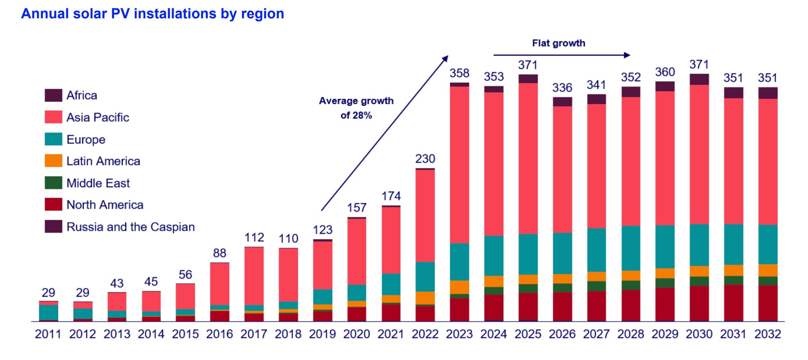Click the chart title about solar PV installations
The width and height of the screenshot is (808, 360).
pyautogui.click(x=153, y=14)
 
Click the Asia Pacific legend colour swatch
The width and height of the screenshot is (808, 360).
pyautogui.click(x=53, y=117)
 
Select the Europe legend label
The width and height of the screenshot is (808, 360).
pyautogui.click(x=86, y=140)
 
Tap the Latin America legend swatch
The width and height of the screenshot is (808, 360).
pyautogui.click(x=53, y=161)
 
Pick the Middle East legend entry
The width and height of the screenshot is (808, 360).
pyautogui.click(x=98, y=183)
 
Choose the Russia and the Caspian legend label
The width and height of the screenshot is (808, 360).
pyautogui.click(x=131, y=227)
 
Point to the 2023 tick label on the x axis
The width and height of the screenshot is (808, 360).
pyautogui.click(x=459, y=334)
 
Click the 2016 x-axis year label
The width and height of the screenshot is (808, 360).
pyautogui.click(x=220, y=334)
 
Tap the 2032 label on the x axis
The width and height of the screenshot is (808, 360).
pyautogui.click(x=768, y=334)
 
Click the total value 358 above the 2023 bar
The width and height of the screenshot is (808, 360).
pyautogui.click(x=459, y=73)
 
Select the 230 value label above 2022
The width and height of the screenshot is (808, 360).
pyautogui.click(x=425, y=159)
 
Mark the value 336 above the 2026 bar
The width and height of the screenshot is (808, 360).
pyautogui.click(x=562, y=88)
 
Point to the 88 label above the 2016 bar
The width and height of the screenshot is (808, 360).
pyautogui.click(x=220, y=253)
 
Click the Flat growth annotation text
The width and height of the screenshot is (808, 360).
pyautogui.click(x=558, y=43)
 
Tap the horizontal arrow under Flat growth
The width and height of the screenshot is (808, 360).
pyautogui.click(x=561, y=55)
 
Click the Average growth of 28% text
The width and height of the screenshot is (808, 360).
pyautogui.click(x=356, y=108)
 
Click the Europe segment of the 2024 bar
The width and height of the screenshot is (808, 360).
pyautogui.click(x=494, y=255)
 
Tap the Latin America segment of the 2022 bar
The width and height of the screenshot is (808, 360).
pyautogui.click(x=425, y=298)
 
